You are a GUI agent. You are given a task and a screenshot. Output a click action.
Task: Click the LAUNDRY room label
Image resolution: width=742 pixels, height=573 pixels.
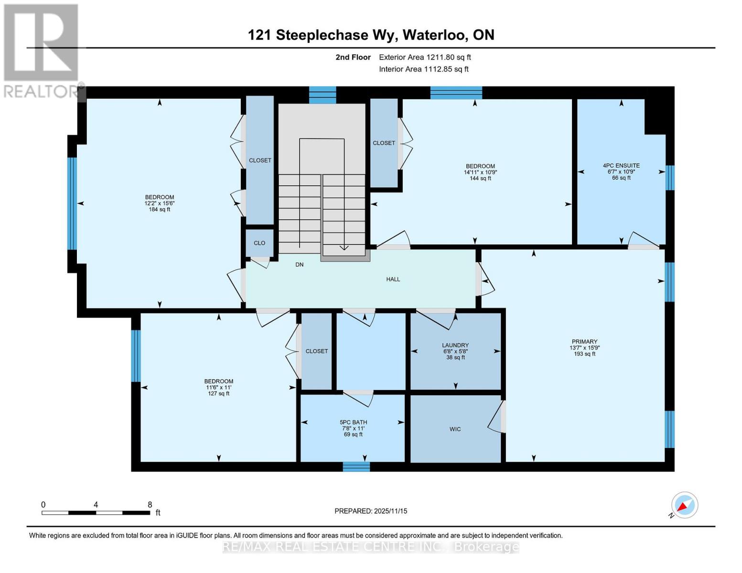pyautogui.click(x=455, y=345)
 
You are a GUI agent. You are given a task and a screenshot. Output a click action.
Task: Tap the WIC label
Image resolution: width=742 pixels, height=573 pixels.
pyautogui.click(x=455, y=429)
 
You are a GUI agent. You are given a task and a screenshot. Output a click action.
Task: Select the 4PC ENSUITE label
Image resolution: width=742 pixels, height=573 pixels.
pyautogui.click(x=621, y=166)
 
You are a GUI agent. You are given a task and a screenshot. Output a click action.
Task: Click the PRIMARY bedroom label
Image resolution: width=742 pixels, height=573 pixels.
pyautogui.click(x=584, y=341)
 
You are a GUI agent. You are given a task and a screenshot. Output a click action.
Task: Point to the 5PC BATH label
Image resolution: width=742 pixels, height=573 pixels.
pyautogui.click(x=353, y=422)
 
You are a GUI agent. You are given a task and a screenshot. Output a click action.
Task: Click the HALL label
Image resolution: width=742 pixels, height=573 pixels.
pyautogui.click(x=393, y=279)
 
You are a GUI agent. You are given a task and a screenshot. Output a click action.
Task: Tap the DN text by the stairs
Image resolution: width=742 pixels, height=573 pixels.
pyautogui.click(x=300, y=265)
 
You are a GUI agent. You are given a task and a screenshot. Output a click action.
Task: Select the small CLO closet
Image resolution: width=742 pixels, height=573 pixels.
pyautogui.click(x=259, y=243)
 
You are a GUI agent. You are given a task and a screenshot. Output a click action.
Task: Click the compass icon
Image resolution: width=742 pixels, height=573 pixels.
pyautogui.click(x=685, y=505)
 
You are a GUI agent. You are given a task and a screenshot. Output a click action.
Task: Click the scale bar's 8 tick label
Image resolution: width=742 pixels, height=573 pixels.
pyautogui.click(x=150, y=505)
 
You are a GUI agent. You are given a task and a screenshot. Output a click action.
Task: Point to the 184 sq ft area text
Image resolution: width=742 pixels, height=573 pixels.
pyautogui.click(x=160, y=209)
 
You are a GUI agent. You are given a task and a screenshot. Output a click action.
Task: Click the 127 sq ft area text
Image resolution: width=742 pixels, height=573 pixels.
pyautogui.click(x=219, y=393)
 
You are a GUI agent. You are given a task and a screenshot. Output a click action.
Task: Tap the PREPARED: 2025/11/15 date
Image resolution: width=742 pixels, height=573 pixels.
pyautogui.click(x=371, y=511)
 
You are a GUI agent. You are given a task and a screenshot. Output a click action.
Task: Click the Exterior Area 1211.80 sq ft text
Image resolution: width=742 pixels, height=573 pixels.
pyautogui.click(x=425, y=57)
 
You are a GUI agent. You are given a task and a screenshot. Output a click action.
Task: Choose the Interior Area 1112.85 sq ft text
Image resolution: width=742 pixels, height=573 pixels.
pyautogui.click(x=423, y=69)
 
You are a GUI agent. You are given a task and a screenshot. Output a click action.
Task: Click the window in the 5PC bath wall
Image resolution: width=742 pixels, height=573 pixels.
pyautogui.click(x=356, y=467)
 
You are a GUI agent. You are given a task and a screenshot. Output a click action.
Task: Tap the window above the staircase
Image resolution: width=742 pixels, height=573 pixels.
pyautogui.click(x=323, y=95)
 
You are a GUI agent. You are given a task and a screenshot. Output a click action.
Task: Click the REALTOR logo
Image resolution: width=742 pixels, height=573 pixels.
pyautogui.click(x=42, y=50)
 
